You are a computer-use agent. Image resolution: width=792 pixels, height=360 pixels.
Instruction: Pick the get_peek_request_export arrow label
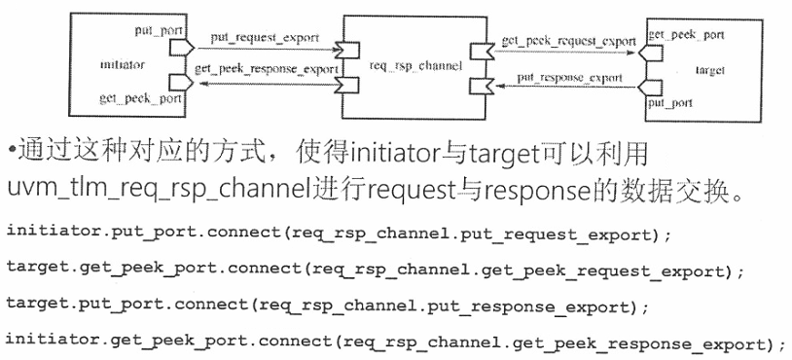(x=568, y=43)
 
